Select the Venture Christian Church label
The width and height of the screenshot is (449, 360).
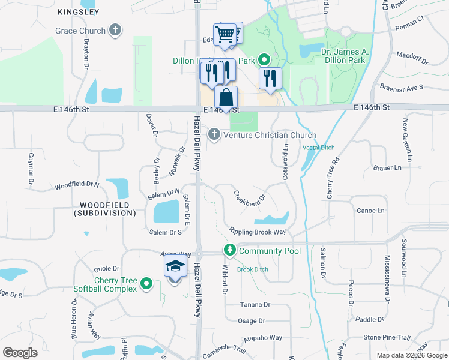tap(270, 135)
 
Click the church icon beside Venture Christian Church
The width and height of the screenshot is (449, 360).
tap(214, 134)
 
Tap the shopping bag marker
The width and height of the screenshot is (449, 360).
tap(226, 98)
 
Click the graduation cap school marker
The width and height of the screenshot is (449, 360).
tap(175, 267)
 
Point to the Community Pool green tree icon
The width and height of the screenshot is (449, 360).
tap(229, 250)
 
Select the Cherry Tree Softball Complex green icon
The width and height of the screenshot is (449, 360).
tap(145, 284)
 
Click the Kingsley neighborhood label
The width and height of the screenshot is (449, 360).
tap(79, 12)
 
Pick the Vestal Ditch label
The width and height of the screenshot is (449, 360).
tap(318, 148)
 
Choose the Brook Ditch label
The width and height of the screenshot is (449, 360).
tap(252, 269)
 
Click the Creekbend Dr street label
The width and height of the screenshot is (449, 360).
tap(249, 197)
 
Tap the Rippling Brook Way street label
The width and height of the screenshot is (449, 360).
tap(257, 231)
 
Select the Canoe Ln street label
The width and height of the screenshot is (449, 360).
tap(370, 211)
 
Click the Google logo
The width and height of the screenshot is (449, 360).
tap(20, 353)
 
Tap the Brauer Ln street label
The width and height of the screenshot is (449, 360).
tap(387, 168)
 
